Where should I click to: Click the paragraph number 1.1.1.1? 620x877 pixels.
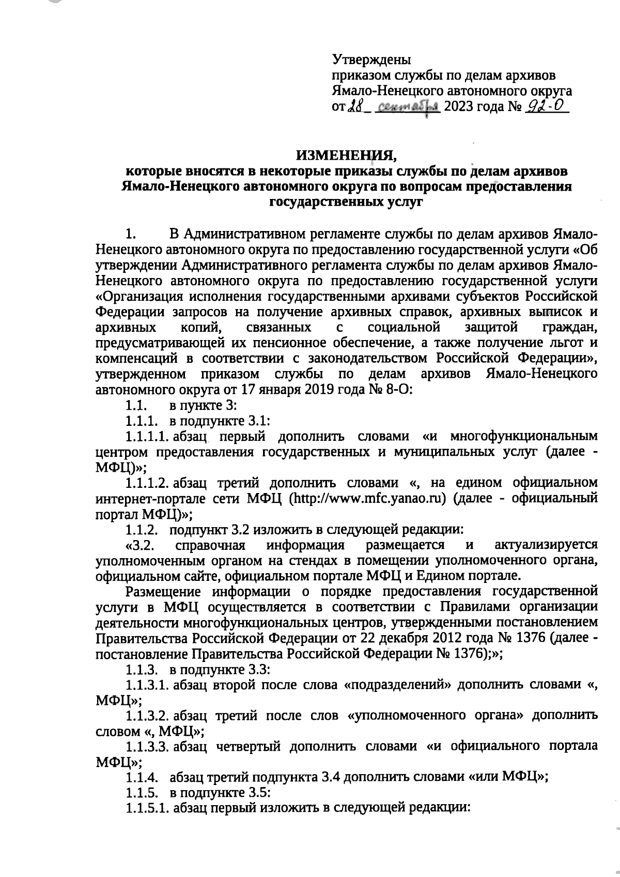coord(148,436)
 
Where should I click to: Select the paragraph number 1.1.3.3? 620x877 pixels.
coord(148,746)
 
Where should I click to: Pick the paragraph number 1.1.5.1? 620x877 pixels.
coord(148,808)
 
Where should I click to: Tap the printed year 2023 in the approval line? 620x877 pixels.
coord(459,107)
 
